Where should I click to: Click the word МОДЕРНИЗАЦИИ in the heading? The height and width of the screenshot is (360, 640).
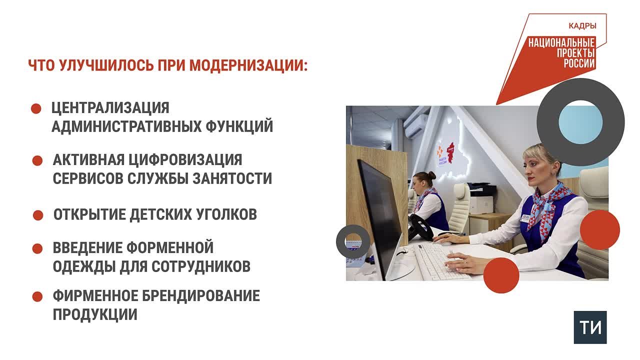coord(248,65)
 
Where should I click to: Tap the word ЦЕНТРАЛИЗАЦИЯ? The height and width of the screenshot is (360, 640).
coord(110,108)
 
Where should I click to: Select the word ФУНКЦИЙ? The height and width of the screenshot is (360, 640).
coord(239,127)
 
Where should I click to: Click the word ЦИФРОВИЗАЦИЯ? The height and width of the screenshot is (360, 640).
coord(185,159)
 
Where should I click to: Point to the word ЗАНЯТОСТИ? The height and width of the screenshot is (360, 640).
coord(232,178)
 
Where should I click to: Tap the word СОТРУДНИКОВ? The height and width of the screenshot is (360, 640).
coord(201,266)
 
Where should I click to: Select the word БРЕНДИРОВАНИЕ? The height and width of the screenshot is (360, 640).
coord(201,295)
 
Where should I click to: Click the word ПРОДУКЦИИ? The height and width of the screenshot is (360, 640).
coord(95,314)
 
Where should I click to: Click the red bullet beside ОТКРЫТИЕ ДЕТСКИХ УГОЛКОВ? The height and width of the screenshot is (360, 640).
coord(38,215)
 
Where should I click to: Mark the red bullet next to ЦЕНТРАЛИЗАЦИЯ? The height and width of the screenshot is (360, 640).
coord(36,109)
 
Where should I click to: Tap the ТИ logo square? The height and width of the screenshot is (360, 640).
coord(590,327)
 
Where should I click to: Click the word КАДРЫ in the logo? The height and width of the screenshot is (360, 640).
coord(582,26)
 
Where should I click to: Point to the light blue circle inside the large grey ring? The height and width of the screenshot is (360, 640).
coord(580,122)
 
